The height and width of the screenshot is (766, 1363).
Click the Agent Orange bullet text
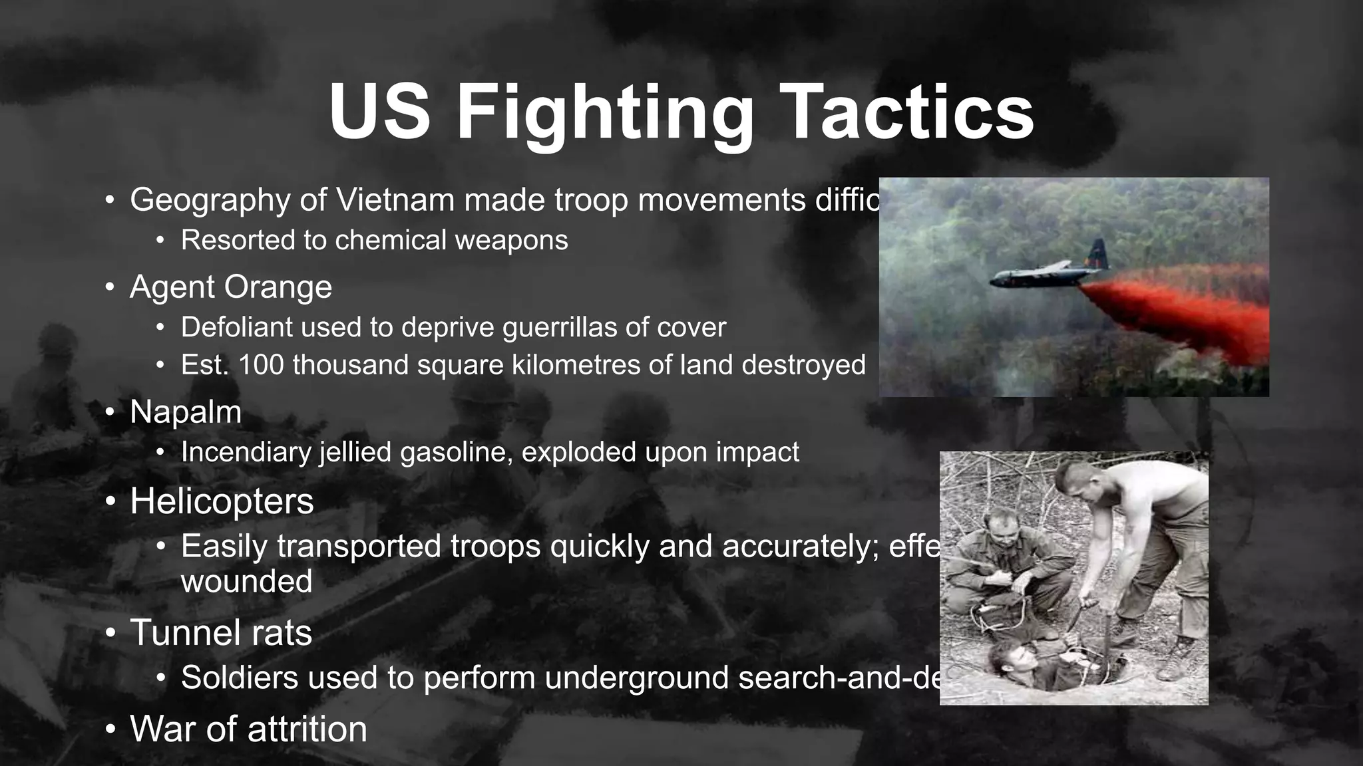pyautogui.click(x=230, y=287)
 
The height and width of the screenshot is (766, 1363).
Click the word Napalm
pyautogui.click(x=186, y=412)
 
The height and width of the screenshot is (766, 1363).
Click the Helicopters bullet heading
pyautogui.click(x=222, y=501)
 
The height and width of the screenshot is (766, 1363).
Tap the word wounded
pyautogui.click(x=246, y=582)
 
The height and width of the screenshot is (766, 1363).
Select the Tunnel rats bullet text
pyautogui.click(x=221, y=632)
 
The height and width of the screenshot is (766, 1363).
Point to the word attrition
pyautogui.click(x=307, y=729)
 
